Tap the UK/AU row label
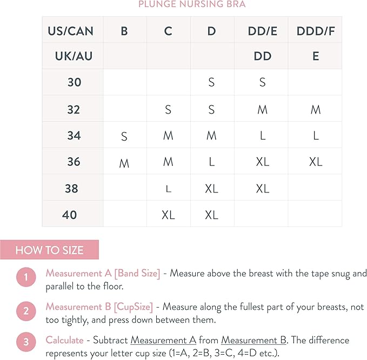(74, 56)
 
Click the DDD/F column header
(316, 31)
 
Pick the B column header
(124, 31)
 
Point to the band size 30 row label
(74, 83)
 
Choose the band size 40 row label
(70, 215)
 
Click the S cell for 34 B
(124, 136)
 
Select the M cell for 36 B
(124, 163)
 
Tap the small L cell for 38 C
(168, 189)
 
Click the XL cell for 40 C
(168, 215)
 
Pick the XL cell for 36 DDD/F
(316, 162)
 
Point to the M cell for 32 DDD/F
(316, 110)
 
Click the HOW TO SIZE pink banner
(49, 250)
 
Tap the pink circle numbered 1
(25, 278)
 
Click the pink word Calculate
(64, 340)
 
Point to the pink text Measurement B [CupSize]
(99, 306)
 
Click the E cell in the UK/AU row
(316, 56)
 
